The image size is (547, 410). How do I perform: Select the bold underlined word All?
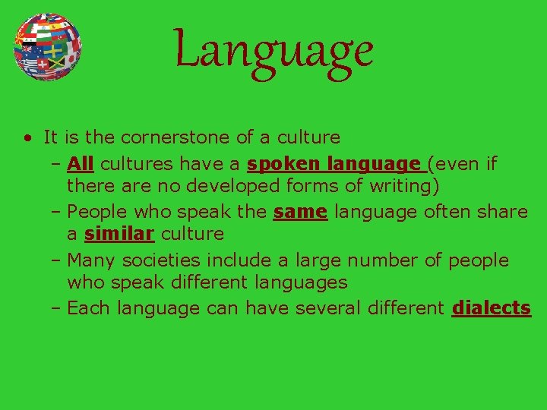click(x=81, y=163)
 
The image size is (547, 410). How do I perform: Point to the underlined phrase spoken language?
click(x=334, y=163)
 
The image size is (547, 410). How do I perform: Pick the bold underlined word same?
click(x=300, y=212)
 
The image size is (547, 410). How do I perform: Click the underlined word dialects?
click(x=491, y=308)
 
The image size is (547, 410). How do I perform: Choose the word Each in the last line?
click(x=87, y=308)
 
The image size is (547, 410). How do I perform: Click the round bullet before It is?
click(x=27, y=138)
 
